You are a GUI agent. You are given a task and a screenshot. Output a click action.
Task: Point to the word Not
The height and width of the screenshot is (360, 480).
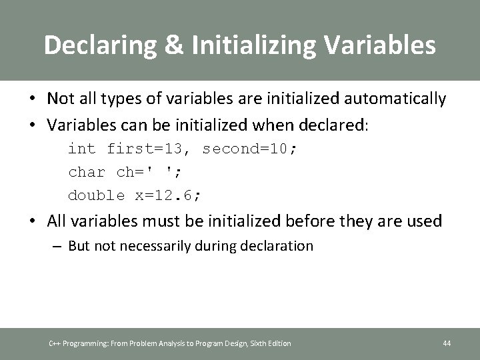pos(60,99)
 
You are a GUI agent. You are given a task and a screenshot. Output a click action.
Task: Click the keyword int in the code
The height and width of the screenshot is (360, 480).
pos(82,149)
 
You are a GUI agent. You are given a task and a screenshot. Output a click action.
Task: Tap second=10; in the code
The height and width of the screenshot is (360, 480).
pos(250,149)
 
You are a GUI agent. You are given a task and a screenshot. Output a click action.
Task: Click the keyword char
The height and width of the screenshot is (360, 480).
pos(87,172)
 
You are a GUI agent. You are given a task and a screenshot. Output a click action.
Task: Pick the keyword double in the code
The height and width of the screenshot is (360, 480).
pos(96,195)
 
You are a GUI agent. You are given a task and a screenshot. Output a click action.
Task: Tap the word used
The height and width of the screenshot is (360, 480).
pos(425,221)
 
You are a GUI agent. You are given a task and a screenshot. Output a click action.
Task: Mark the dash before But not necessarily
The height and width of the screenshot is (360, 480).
pos(58,246)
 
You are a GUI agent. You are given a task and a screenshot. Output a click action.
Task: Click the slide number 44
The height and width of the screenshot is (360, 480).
pos(447,343)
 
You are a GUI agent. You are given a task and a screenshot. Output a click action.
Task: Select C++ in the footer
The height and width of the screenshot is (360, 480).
pos(55,343)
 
